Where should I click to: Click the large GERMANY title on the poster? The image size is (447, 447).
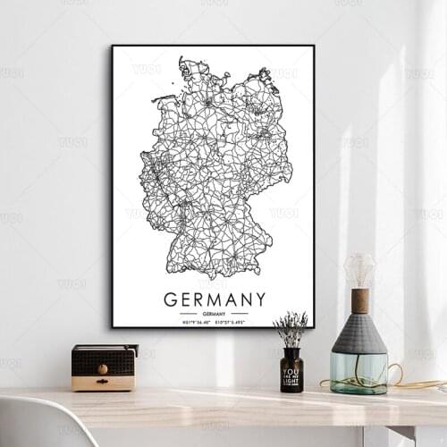(215, 299)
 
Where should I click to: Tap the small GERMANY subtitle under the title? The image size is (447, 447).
(214, 314)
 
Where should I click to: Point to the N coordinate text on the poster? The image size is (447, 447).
(198, 322)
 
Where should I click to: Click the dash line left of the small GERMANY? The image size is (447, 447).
(188, 314)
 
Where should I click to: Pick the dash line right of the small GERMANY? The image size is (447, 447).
(240, 314)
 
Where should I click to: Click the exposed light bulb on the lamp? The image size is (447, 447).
(359, 270)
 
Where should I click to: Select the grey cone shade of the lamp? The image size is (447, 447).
(359, 333)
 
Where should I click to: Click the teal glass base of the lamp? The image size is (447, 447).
(359, 372)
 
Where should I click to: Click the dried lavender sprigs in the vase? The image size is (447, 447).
(291, 328)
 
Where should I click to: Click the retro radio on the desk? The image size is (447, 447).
(104, 367)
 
